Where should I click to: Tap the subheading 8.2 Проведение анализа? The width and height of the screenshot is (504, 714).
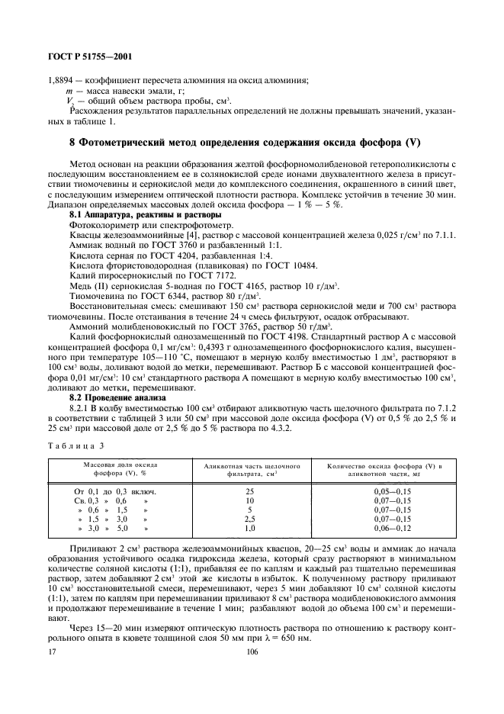coord(111,396)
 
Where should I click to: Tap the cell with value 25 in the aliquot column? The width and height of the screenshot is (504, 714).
coord(249,492)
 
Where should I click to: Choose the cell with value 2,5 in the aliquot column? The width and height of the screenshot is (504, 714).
coord(249,518)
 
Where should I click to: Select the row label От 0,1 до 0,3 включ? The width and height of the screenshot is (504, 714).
coord(114,492)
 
